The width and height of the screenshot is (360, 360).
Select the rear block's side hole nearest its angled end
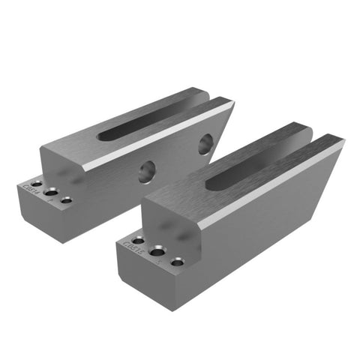tap(205, 142)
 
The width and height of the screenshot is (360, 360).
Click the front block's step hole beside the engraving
tap(138, 241)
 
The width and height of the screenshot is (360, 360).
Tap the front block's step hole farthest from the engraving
tap(177, 263)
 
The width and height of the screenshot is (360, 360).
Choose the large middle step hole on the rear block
tap(51, 191)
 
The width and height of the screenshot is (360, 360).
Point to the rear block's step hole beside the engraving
tap(36, 184)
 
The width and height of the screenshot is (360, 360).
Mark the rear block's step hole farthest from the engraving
tap(67, 200)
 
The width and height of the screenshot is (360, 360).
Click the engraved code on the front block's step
tap(127, 248)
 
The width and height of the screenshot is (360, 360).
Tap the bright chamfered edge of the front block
tap(270, 184)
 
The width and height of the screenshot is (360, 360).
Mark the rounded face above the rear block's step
tap(64, 169)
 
